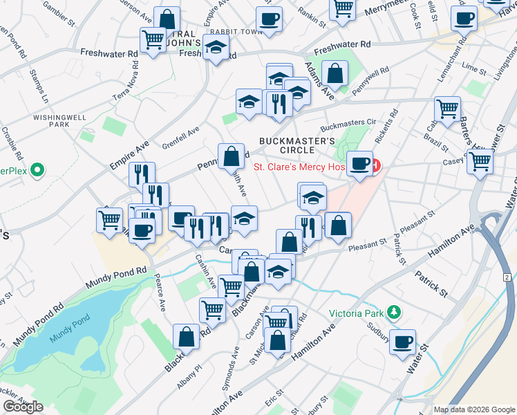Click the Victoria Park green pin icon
(x=394, y=312)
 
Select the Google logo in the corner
(x=23, y=407)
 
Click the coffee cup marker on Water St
(x=402, y=342)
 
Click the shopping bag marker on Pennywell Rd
(x=231, y=156)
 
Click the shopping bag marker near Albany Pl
(x=186, y=337)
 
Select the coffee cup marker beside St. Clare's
(x=359, y=165)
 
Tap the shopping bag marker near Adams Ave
(x=335, y=74)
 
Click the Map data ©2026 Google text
(x=474, y=409)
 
